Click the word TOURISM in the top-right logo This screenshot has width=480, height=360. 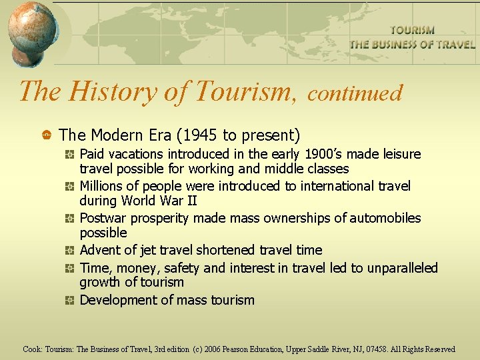(x=412, y=30)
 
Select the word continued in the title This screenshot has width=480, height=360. (x=355, y=93)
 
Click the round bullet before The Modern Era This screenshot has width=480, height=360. (x=47, y=136)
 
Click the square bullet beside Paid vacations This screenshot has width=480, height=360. (x=69, y=155)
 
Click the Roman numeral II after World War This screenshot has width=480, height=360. (x=190, y=201)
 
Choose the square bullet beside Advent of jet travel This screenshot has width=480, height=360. (x=69, y=251)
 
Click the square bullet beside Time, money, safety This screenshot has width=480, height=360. (x=69, y=269)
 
